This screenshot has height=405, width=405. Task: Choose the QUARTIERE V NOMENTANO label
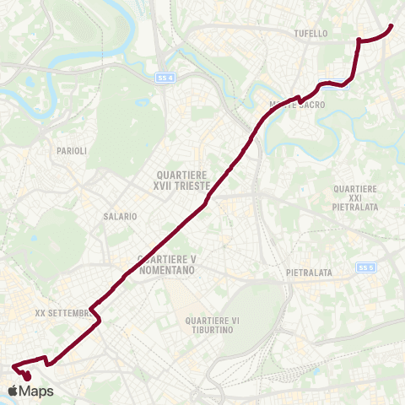166,265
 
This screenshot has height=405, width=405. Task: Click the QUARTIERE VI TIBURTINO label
211,325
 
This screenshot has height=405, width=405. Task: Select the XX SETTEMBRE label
64,312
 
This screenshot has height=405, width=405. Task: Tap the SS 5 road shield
364,267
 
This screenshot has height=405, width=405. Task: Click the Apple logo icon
12,391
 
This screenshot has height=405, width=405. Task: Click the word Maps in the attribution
36,391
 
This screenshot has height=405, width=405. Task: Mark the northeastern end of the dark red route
392,26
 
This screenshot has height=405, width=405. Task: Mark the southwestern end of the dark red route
13,366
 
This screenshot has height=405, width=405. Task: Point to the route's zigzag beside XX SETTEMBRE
96,316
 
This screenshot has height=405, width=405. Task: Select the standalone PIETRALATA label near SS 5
309,273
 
